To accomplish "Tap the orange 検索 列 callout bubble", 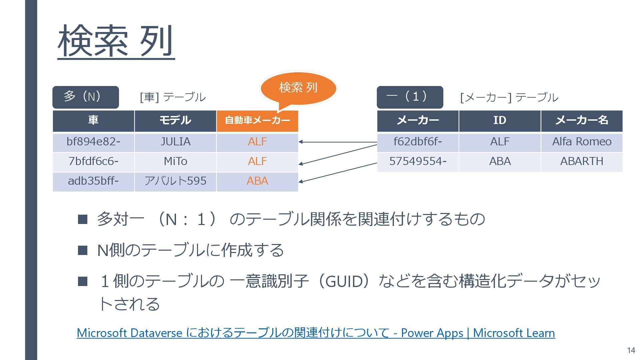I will [298, 88].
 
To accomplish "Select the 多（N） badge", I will [85, 97].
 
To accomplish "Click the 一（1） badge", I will [410, 97].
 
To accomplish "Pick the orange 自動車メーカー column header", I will [257, 121].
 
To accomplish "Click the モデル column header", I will [175, 121].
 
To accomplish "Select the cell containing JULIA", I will [175, 142].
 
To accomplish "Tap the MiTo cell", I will [175, 162].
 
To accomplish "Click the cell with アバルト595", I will [175, 181].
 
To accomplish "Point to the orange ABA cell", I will [257, 181].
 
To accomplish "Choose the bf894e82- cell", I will [93, 142].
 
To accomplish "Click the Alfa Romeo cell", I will [582, 142].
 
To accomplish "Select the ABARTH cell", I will [582, 162].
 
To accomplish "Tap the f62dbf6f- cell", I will [418, 142].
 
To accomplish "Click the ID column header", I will [500, 121].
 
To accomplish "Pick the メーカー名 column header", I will [582, 121].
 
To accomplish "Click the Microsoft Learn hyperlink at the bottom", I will [316, 333].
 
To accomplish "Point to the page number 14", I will [631, 350].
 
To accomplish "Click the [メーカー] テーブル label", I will [509, 98].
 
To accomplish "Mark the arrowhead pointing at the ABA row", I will [301, 182].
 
